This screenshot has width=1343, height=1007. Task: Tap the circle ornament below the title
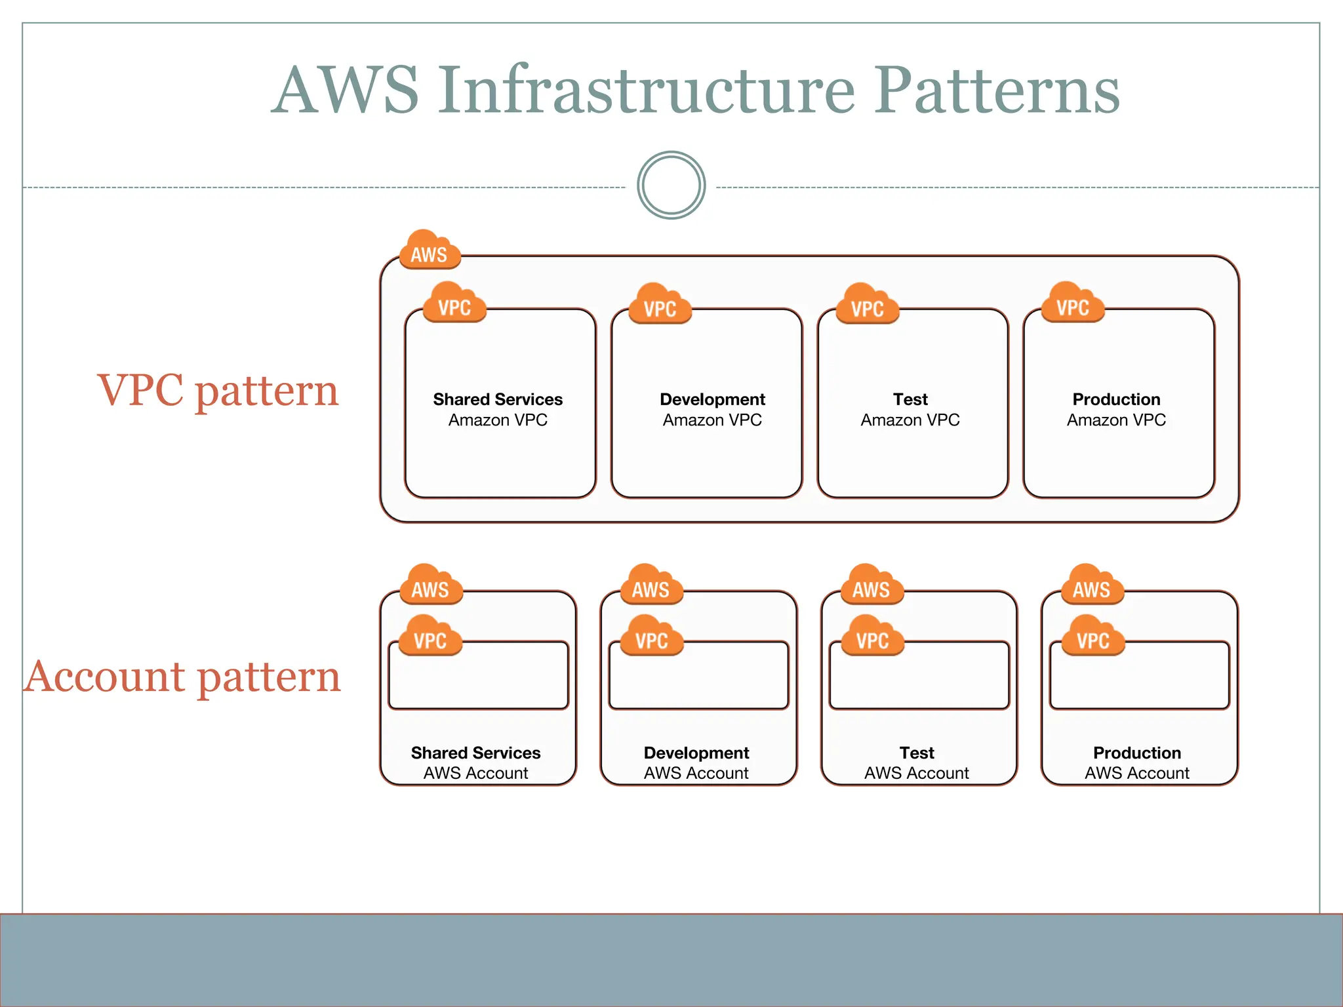pos(671,186)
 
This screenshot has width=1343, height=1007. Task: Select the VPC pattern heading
pos(218,391)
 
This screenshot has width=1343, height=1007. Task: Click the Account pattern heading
pos(183,677)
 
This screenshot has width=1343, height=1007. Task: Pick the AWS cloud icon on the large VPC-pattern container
pos(430,250)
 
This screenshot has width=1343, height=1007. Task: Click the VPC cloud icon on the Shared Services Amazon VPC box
pos(454,304)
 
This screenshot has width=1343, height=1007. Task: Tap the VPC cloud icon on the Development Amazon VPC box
pos(660,305)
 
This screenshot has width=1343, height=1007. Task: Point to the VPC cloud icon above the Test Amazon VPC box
pos(867,305)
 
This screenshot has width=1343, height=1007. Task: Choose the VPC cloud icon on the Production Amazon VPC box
pos(1073,304)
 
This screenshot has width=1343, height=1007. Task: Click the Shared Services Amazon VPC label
pos(498,409)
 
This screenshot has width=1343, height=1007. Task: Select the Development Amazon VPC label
pos(712,409)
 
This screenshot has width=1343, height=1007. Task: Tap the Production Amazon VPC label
pos(1116,409)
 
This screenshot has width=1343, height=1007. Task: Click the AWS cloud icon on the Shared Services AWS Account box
pos(431,585)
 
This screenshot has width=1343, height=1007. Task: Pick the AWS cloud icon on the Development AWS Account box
pos(651,585)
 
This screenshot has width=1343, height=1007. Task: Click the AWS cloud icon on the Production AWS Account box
pos(1092,585)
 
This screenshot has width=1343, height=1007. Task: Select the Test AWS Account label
pos(916,762)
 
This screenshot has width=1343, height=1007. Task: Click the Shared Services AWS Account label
pos(475,762)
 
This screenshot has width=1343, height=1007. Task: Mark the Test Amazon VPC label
pos(910,409)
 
